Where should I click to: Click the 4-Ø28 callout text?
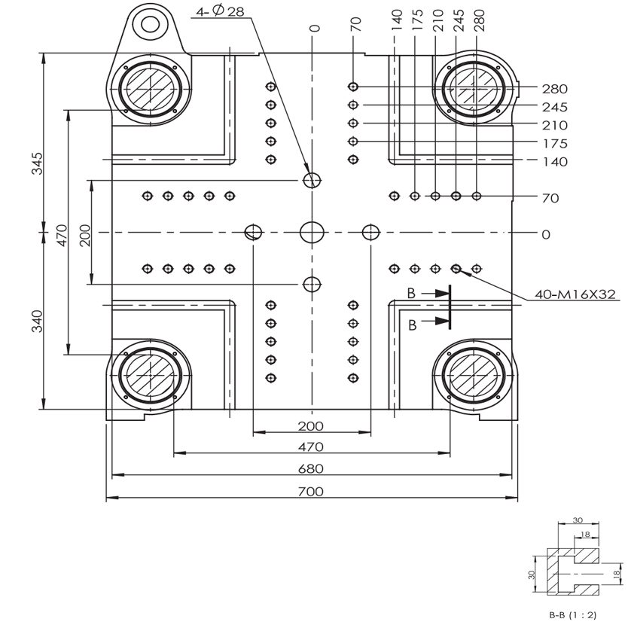(220, 11)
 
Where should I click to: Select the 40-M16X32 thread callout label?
(575, 294)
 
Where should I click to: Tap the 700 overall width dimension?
(311, 492)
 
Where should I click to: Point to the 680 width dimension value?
(311, 468)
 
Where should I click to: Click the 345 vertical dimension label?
(37, 163)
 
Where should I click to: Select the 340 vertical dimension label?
(37, 321)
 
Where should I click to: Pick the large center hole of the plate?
(312, 232)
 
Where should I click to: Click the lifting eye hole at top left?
(150, 24)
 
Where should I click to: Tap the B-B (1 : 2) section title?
(573, 615)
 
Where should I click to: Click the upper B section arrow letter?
(411, 294)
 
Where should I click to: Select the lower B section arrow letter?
(412, 325)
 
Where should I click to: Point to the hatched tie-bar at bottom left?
(150, 375)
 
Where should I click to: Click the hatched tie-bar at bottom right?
(474, 375)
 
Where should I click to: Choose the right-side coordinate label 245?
(554, 107)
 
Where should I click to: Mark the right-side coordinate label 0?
(546, 234)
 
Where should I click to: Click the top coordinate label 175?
(417, 20)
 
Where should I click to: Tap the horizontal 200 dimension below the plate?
(311, 425)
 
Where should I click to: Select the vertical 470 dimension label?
(62, 236)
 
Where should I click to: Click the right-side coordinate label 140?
(555, 162)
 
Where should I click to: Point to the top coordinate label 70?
(355, 24)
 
